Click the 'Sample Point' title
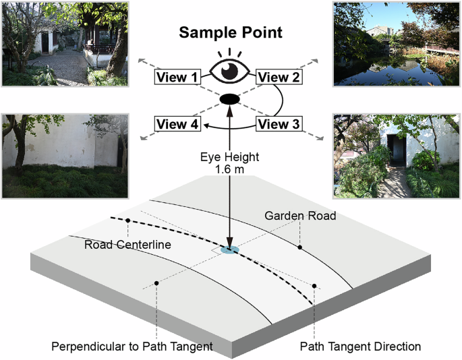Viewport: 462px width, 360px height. coord(230,34)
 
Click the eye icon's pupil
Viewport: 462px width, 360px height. coord(230,70)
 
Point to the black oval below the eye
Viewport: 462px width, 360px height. coord(230,100)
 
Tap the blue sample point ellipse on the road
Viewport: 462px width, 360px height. coord(230,250)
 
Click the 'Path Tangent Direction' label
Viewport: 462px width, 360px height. coord(360,347)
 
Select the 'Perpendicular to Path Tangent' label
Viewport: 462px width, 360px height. coord(132,347)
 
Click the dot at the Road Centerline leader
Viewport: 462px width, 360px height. coord(127,220)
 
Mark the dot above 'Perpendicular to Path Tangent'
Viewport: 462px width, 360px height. coord(156,282)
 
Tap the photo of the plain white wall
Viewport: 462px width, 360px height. coord(65,155)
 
